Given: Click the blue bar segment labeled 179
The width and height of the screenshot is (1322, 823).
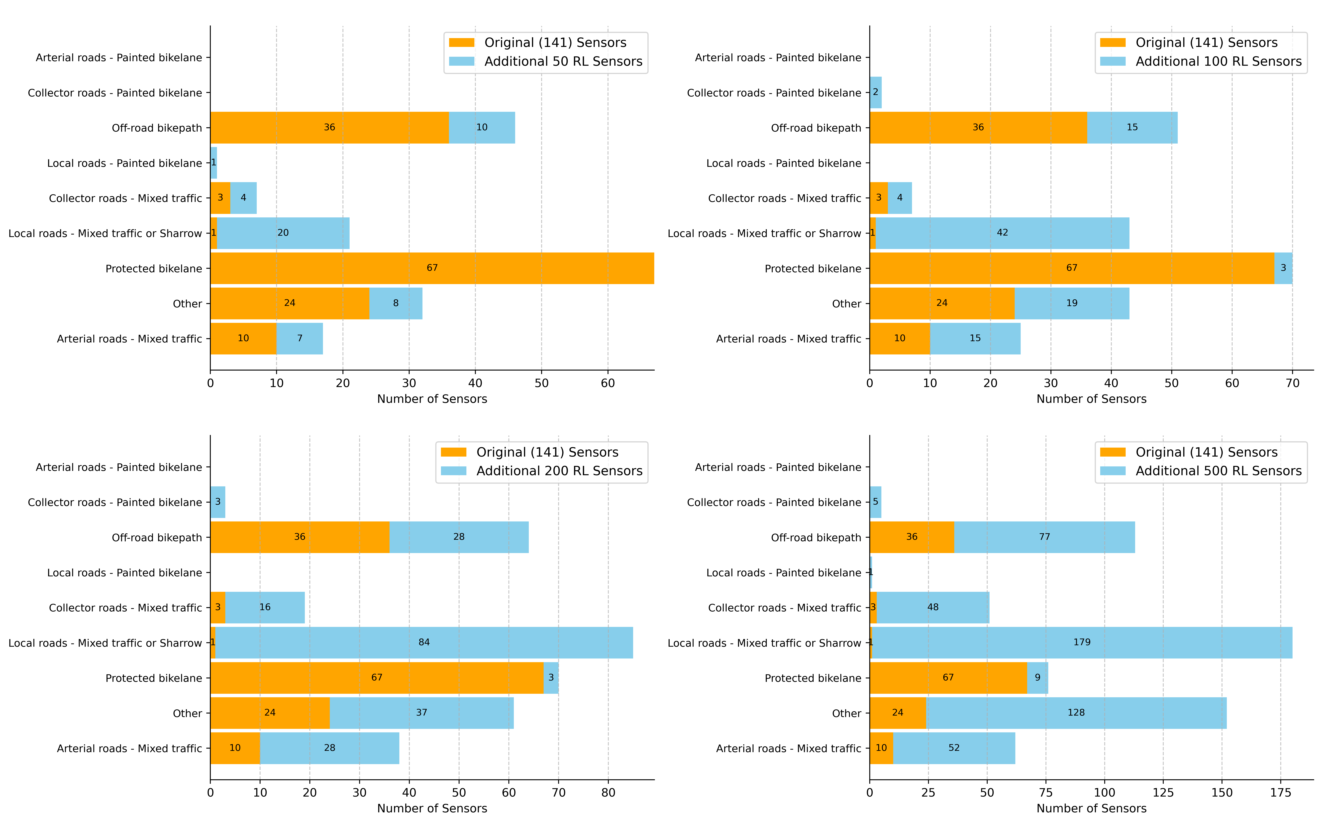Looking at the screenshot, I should (x=1082, y=642).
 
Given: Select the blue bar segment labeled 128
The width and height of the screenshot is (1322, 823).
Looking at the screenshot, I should (x=1076, y=713).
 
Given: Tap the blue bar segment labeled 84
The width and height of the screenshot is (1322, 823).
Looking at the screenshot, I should (x=424, y=642).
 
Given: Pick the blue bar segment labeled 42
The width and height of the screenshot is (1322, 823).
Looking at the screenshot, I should (x=1002, y=233).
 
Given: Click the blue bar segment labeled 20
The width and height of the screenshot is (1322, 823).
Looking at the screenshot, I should (x=283, y=233).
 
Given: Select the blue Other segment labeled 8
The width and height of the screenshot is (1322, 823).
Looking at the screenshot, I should (x=396, y=303).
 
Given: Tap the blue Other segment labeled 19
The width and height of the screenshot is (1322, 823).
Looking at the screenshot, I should (x=1072, y=303).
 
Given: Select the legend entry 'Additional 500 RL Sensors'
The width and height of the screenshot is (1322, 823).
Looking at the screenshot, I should (x=1218, y=471).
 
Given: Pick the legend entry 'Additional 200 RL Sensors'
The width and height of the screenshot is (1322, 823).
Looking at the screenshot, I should (x=559, y=471).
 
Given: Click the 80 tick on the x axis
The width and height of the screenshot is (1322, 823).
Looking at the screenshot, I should (x=608, y=793).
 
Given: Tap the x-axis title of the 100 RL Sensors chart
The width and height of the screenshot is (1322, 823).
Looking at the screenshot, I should (x=1091, y=399).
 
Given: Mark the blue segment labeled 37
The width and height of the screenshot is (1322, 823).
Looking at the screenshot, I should (x=421, y=713).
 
